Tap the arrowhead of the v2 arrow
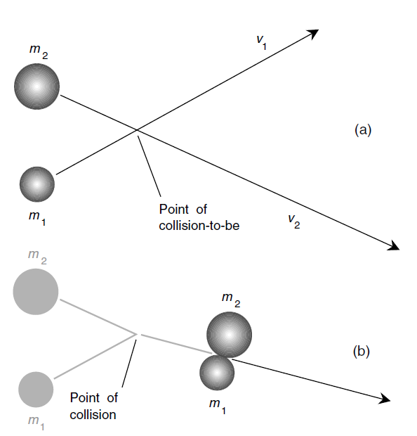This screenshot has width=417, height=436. point(394,246)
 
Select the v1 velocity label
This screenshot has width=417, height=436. point(261,42)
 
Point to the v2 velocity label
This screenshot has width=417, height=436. point(294,222)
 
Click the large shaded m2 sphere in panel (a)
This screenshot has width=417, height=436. point(37,86)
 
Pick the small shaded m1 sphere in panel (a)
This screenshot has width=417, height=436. point(37,184)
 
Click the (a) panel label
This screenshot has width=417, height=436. point(363,130)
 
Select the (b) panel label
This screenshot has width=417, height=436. point(362,351)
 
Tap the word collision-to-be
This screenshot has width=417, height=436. point(199,226)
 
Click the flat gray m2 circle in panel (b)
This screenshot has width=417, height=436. point(36,291)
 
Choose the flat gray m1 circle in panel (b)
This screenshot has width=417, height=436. point(36,390)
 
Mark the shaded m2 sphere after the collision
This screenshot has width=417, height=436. point(230,335)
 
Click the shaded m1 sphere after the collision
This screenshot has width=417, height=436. point(217,373)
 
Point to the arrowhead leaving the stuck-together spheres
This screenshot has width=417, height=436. point(385,399)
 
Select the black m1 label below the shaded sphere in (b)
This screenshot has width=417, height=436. point(218,406)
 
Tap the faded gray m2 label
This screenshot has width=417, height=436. point(37,257)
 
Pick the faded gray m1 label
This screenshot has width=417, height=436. point(37,423)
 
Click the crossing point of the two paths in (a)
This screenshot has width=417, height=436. point(137,130)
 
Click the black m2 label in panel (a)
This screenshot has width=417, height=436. point(39,52)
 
